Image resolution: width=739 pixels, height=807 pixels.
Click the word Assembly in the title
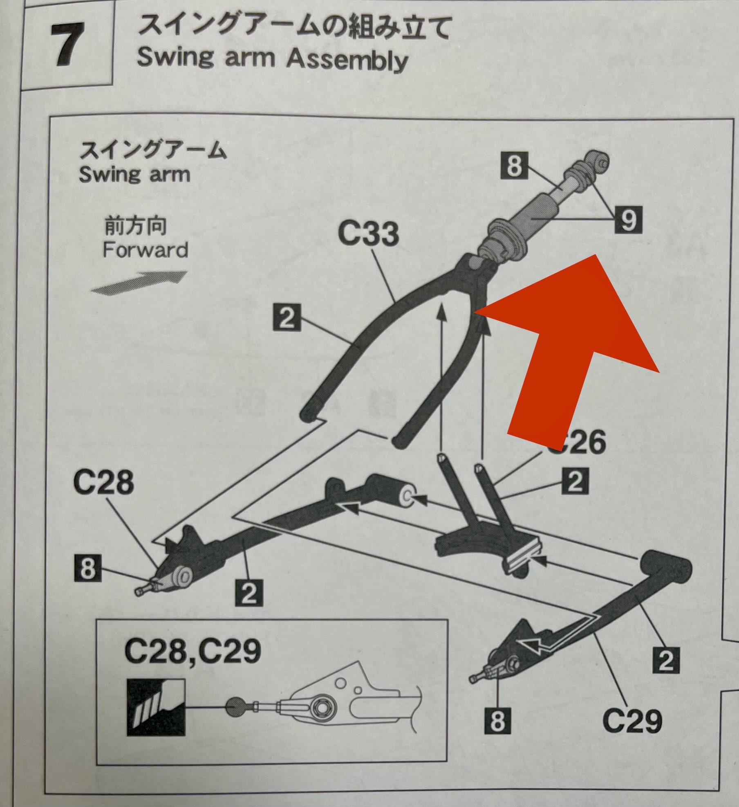tap(347, 61)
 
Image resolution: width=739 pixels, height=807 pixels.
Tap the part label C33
tap(368, 234)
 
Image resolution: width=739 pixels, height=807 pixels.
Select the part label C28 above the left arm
tap(103, 482)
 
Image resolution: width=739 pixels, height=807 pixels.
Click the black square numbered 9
tap(628, 220)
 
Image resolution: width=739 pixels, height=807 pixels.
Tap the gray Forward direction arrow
tap(139, 283)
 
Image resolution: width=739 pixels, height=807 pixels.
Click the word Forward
tap(145, 250)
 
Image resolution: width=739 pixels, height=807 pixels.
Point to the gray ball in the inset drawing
tap(236, 707)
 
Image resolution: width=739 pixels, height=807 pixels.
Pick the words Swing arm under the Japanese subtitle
tap(134, 174)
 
